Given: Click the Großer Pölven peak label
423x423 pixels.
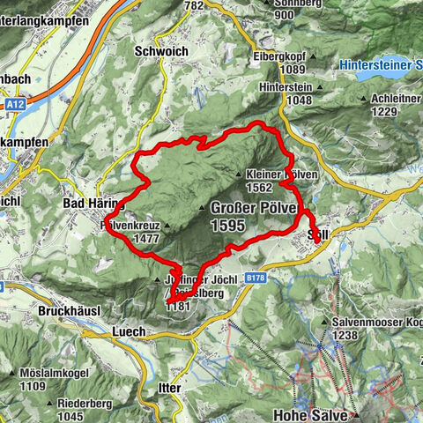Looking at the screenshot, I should (x=248, y=209).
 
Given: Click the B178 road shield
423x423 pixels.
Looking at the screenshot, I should (x=256, y=278).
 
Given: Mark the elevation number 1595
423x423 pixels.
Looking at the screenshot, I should (x=228, y=226).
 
